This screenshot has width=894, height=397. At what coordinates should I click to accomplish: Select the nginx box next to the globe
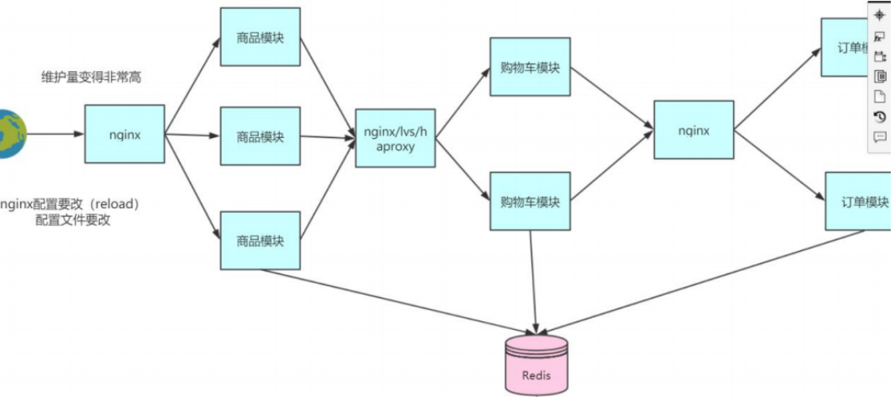124,134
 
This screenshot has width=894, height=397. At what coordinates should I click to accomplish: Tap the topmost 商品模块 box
260,37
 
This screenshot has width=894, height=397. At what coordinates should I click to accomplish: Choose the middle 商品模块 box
260,136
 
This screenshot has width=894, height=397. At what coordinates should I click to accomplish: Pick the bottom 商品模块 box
260,240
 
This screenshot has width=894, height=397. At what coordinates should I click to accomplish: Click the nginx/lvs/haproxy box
395,138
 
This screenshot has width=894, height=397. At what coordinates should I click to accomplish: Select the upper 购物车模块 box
530,67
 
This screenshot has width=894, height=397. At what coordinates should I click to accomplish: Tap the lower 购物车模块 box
530,201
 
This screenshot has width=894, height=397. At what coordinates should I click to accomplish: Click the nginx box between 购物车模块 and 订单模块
693,129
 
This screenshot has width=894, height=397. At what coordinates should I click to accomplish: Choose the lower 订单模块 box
859,201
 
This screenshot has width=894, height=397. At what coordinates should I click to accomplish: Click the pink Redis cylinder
536,366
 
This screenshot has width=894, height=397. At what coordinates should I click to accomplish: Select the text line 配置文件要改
73,219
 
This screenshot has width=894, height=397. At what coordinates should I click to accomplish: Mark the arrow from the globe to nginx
56,134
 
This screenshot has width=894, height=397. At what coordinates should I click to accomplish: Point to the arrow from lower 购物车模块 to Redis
532,282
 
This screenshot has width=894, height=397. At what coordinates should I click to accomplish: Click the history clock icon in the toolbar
880,116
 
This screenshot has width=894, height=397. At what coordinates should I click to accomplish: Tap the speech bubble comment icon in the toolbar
880,136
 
